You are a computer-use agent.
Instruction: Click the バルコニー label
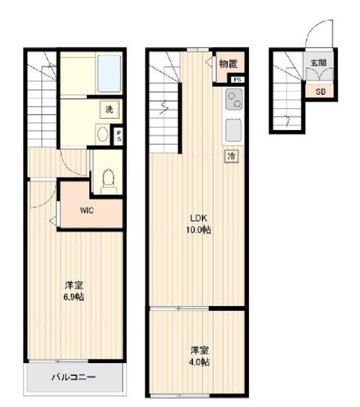(74, 377)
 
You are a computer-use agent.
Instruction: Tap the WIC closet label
(88, 210)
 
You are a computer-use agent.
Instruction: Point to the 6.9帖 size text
(75, 297)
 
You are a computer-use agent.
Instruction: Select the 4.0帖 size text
(200, 362)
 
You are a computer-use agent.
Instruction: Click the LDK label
(199, 218)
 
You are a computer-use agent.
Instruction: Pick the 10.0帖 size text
(199, 230)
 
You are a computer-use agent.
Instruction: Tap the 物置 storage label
(228, 63)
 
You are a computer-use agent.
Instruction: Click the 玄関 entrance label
(317, 62)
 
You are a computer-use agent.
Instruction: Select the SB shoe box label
(320, 91)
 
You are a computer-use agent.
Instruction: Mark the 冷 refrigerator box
(232, 157)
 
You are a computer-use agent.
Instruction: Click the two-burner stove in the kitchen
(233, 99)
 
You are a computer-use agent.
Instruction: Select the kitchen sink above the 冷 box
(233, 130)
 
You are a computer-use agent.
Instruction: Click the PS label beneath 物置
(236, 79)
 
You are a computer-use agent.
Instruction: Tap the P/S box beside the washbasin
(118, 135)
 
